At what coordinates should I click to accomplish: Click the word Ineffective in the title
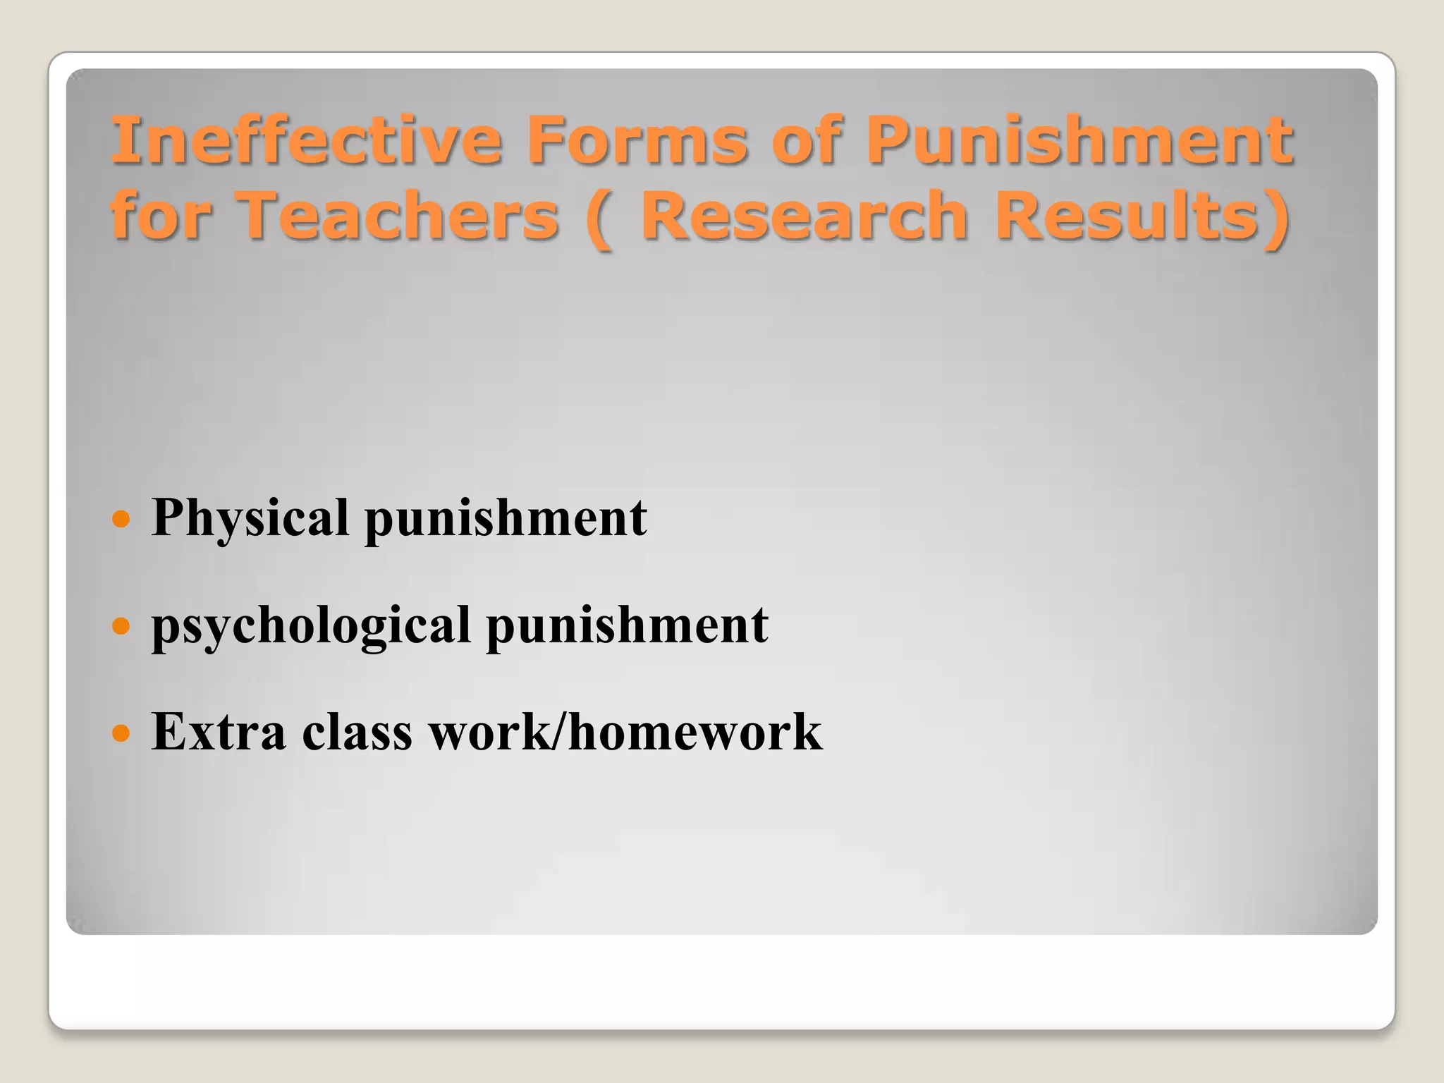tap(307, 140)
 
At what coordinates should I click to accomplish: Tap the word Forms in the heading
tap(637, 140)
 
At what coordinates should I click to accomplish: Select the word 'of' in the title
tap(807, 140)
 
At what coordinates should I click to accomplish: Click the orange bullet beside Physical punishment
tap(122, 520)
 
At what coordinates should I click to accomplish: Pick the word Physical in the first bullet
tap(250, 518)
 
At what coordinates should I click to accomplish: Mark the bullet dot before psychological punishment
tap(122, 625)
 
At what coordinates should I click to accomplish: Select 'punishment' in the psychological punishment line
tap(627, 625)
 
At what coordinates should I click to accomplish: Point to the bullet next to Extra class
tap(122, 733)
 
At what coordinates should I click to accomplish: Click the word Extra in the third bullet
tap(219, 732)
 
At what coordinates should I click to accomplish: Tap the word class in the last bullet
tap(357, 732)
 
